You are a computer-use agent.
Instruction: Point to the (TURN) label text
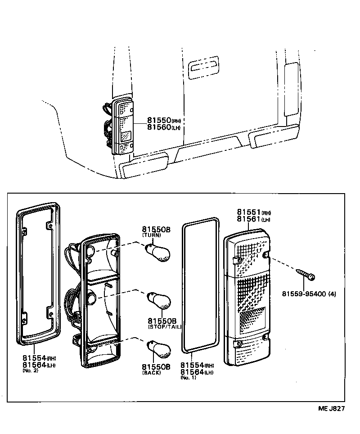click(x=152, y=235)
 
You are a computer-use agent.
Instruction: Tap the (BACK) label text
click(x=152, y=373)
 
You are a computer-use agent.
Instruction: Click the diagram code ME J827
click(x=332, y=409)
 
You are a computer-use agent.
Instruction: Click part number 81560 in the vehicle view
click(x=158, y=127)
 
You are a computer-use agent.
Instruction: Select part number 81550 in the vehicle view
click(x=158, y=121)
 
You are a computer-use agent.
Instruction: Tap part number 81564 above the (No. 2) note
click(x=34, y=364)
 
